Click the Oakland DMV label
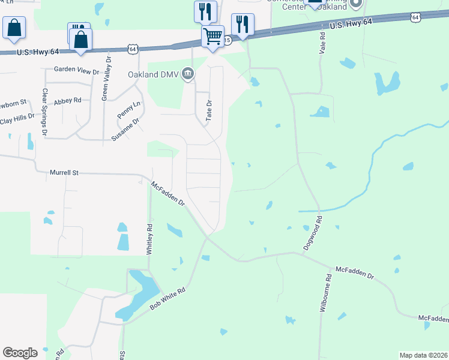click(154, 74)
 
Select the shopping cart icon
click(213, 36)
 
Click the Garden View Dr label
click(76, 70)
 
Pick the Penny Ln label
click(129, 109)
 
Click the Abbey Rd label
click(67, 101)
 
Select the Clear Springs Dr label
click(44, 111)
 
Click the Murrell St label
click(64, 173)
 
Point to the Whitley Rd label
click(149, 238)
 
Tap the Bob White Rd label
click(167, 299)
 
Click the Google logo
click(20, 353)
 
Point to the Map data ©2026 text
click(423, 355)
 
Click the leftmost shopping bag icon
click(14, 28)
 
